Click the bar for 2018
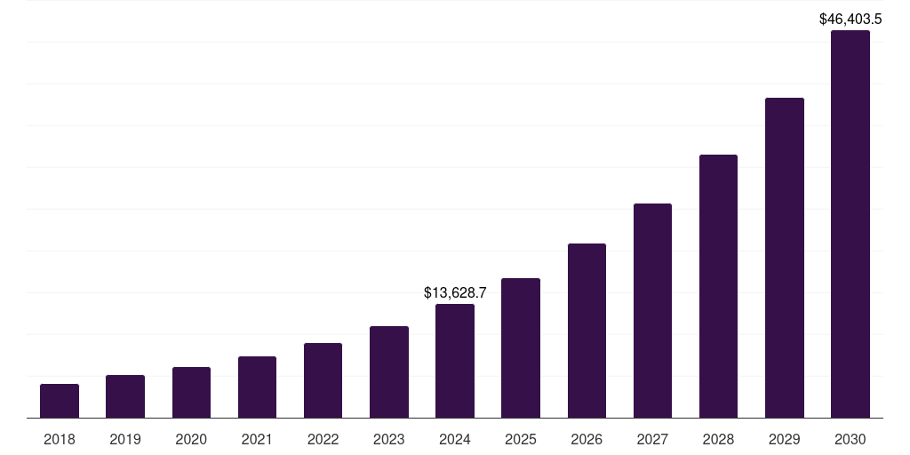tap(60, 401)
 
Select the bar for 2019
tap(125, 396)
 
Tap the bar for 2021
tap(257, 387)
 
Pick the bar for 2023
tap(389, 372)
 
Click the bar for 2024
tap(455, 361)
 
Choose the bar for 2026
tap(587, 331)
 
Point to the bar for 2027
tap(652, 311)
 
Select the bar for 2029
tap(785, 258)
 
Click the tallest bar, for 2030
tap(850, 224)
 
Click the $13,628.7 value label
tap(455, 292)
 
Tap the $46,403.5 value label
tap(850, 18)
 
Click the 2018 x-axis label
tap(60, 439)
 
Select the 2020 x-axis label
tap(191, 439)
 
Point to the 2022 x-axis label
tap(323, 439)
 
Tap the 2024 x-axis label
tap(455, 439)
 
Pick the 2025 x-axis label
tap(521, 439)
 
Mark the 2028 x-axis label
tap(718, 439)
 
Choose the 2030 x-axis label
tap(850, 439)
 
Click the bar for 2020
tap(191, 393)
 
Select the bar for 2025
tap(521, 348)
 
